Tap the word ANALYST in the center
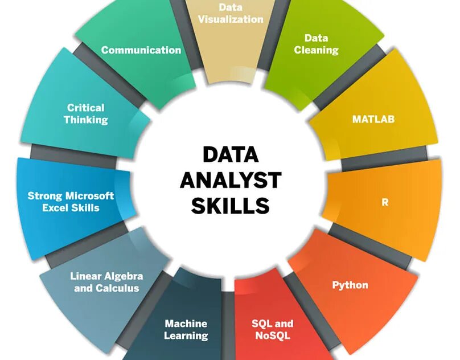coord(231,181)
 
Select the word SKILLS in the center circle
coord(231,206)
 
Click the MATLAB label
coord(373,120)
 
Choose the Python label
coord(350,285)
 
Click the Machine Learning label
coord(186,329)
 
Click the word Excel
coord(57,208)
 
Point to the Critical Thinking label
coord(85,113)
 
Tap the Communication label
coord(141,50)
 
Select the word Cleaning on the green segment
coord(316,50)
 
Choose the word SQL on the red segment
coord(262,324)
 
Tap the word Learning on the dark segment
coord(186,336)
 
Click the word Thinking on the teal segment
coord(85,120)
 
